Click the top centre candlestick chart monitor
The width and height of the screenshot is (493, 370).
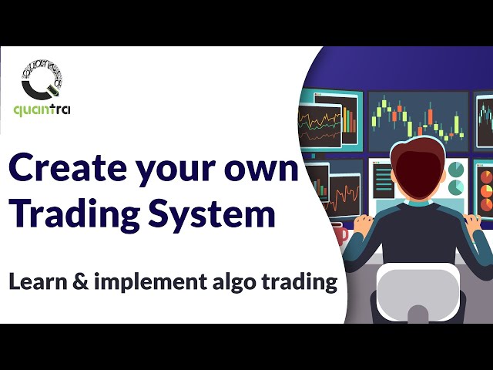pos(417,119)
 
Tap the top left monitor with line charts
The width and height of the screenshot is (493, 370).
pos(330,119)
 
